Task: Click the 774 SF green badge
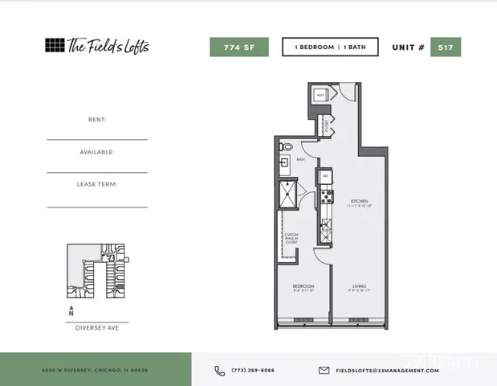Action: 238,47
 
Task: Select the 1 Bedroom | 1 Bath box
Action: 329,47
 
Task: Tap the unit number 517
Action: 445,47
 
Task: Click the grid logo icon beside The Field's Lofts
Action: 54,45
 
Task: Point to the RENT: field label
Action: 96,119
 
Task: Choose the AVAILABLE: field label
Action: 96,151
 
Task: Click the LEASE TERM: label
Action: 96,184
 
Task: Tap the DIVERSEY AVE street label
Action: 96,327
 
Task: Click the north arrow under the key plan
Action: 71,309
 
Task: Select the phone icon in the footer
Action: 220,371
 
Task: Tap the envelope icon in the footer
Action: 324,371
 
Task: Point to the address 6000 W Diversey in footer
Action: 95,371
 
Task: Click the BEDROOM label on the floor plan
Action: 303,285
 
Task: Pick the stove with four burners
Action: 327,195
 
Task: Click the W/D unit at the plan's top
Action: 320,95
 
